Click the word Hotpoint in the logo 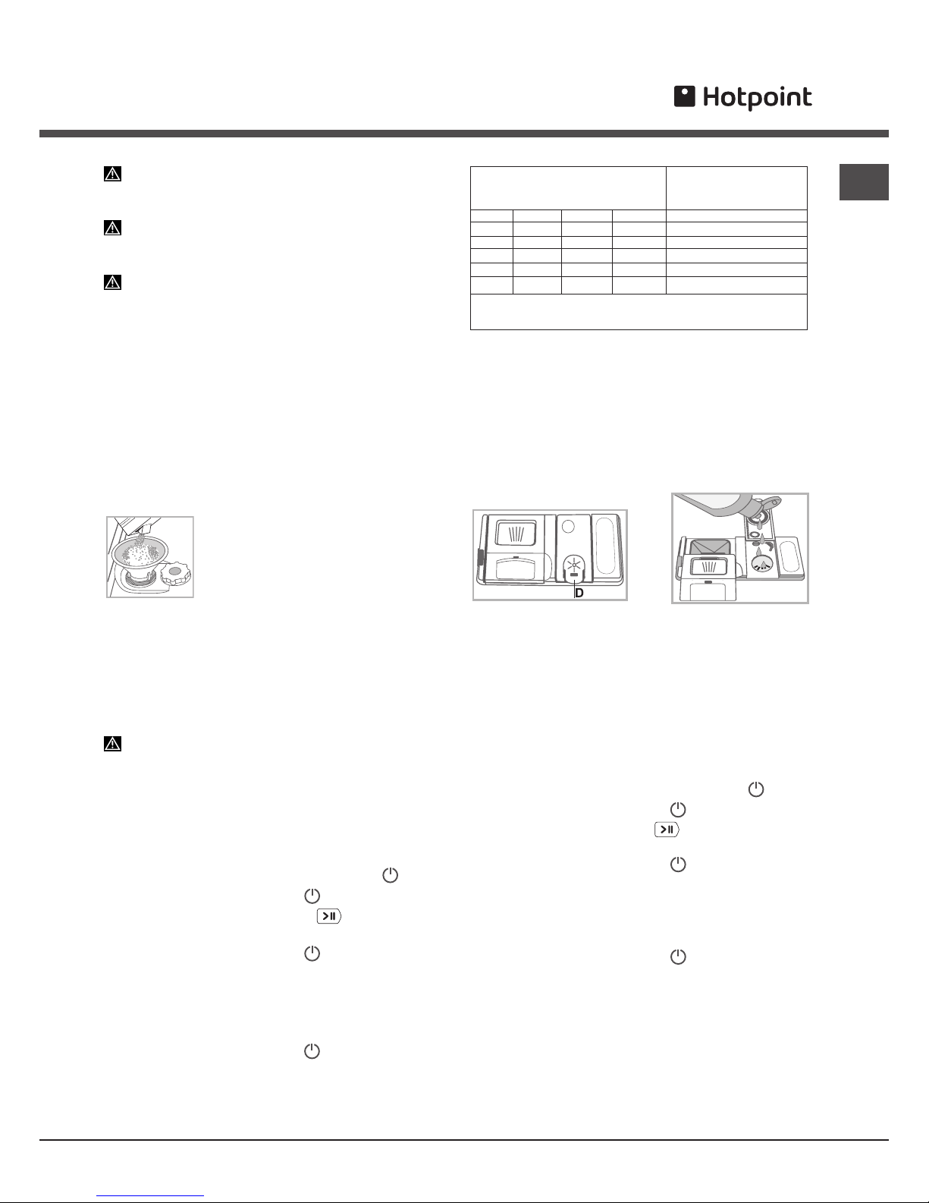click(x=757, y=98)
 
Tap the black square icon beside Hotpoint click(x=685, y=96)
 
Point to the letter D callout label click(x=579, y=593)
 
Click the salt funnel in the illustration click(x=140, y=550)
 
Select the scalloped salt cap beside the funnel click(x=175, y=572)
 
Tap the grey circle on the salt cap click(x=174, y=571)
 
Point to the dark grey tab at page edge click(x=864, y=181)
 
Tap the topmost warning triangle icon click(x=112, y=174)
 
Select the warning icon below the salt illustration click(x=112, y=744)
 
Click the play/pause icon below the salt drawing click(x=329, y=916)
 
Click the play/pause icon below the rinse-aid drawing click(x=667, y=830)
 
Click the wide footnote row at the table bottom click(x=639, y=312)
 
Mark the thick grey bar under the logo click(x=464, y=134)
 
